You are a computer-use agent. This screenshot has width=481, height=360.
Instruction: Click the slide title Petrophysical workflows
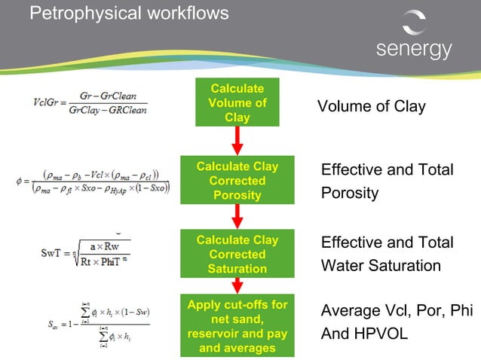pos(129,13)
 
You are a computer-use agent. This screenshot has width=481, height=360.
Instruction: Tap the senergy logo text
pos(414,49)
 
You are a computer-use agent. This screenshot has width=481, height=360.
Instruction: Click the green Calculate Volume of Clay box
pos(237,102)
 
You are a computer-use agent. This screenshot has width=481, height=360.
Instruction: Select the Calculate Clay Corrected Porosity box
pos(237,180)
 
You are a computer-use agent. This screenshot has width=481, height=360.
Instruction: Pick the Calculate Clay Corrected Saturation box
pos(237,254)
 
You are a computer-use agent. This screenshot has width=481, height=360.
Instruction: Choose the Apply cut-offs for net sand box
pos(237,326)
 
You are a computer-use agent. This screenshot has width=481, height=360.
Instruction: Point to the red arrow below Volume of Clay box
pos(237,140)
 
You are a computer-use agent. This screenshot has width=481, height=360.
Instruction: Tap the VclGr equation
pos(90,105)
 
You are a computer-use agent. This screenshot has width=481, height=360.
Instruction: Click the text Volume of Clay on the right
pos(371,106)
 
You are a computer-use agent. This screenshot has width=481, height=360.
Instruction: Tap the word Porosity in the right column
pos(350,194)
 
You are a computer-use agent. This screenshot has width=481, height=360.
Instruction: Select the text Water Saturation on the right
pos(381,266)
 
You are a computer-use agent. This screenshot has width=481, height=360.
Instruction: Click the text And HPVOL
pos(364,334)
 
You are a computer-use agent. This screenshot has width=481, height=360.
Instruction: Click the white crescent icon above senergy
pos(414,22)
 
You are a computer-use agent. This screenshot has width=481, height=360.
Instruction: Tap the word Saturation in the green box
pos(237,269)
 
